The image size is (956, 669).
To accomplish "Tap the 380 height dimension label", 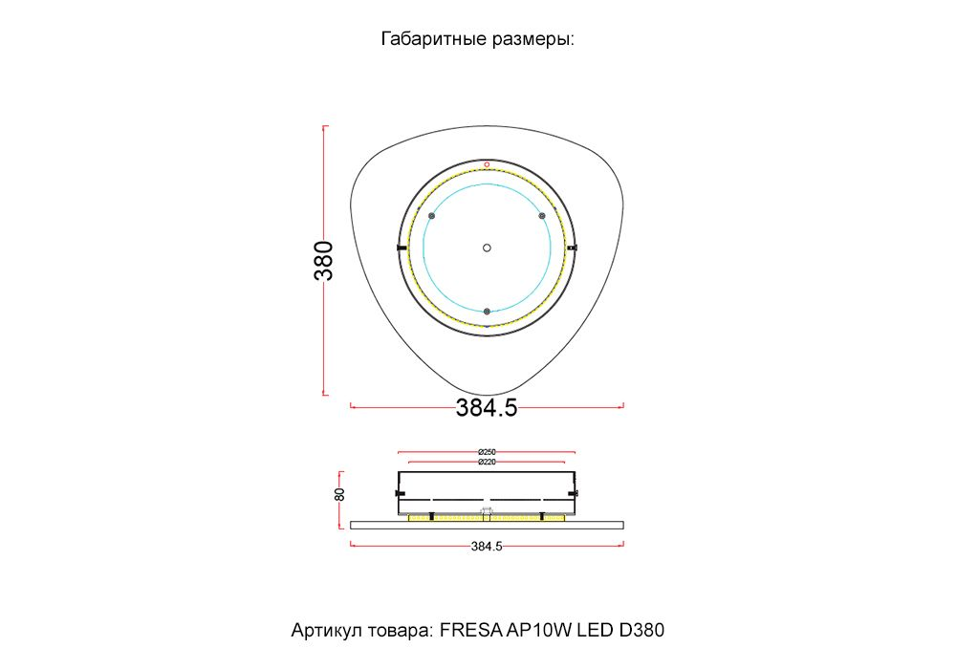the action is (x=324, y=261).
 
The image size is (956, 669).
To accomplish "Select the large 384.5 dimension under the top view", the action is (x=487, y=408).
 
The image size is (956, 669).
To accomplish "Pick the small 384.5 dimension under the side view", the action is (x=487, y=546).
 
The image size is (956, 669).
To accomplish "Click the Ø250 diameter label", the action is (x=487, y=452).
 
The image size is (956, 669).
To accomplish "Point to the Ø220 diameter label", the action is (x=487, y=462).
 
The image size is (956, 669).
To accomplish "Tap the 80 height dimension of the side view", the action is (x=339, y=494).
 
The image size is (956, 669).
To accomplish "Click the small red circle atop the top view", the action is (x=487, y=164).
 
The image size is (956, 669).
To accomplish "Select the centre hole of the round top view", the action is (x=487, y=248).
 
